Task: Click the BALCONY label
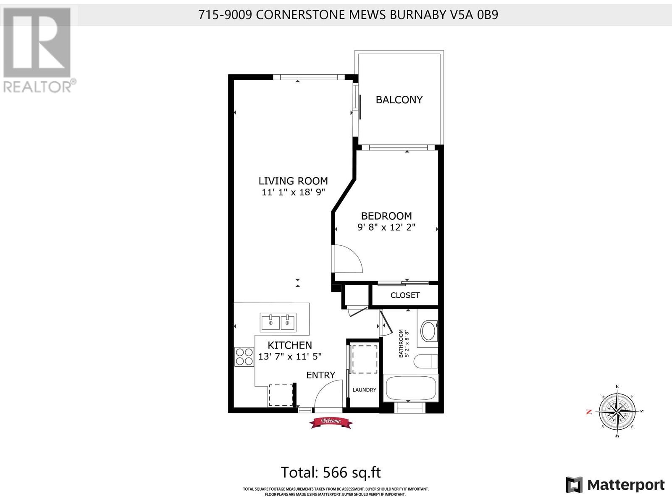tap(399, 100)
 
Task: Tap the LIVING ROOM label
tap(293, 181)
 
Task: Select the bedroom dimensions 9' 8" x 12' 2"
tap(386, 227)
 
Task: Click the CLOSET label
tap(405, 295)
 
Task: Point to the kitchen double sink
tap(278, 322)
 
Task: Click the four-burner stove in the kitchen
tap(244, 357)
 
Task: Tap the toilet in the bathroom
tap(425, 361)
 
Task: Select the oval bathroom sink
tap(428, 331)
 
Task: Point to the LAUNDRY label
tap(364, 390)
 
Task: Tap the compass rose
tap(617, 411)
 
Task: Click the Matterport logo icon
tap(574, 485)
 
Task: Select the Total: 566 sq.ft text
tap(331, 472)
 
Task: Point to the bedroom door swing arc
tap(349, 258)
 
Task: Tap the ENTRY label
tap(320, 375)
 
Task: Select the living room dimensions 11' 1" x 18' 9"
tap(293, 192)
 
